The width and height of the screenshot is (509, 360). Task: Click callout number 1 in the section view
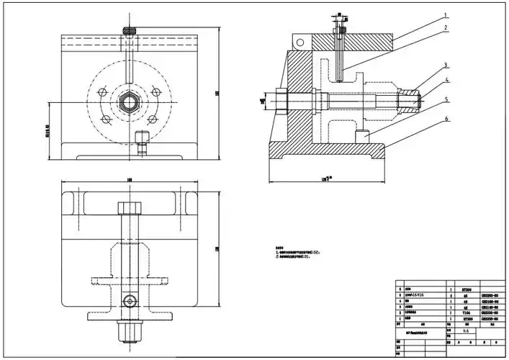click(x=446, y=14)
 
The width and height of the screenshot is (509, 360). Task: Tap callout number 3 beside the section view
click(x=446, y=65)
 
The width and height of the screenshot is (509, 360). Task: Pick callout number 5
click(x=446, y=99)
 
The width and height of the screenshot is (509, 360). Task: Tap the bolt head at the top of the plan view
click(x=129, y=208)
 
